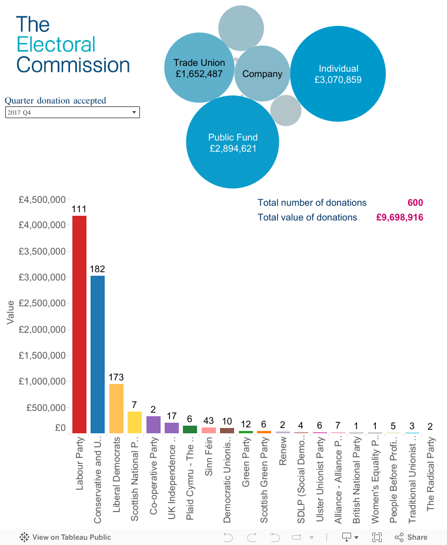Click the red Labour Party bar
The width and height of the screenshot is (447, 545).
click(x=79, y=324)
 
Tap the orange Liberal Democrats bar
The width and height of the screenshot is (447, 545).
click(x=116, y=408)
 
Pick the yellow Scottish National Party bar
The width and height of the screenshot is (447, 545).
click(x=135, y=422)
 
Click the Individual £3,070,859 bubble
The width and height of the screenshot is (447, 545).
click(x=338, y=74)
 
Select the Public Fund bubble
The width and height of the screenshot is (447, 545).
click(x=233, y=142)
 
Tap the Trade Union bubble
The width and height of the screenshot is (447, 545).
click(x=199, y=68)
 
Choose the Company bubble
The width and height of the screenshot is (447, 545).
click(x=262, y=74)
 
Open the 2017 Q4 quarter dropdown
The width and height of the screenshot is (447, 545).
click(x=72, y=112)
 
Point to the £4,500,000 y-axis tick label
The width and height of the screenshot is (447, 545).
click(x=42, y=199)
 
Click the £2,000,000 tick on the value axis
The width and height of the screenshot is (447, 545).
click(x=42, y=329)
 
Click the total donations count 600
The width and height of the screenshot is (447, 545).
click(x=415, y=203)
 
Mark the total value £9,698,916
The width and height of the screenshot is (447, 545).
click(x=400, y=218)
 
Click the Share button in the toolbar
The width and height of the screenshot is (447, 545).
click(x=411, y=537)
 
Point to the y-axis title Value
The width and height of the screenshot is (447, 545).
click(x=10, y=312)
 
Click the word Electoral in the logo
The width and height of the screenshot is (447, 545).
click(x=56, y=45)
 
